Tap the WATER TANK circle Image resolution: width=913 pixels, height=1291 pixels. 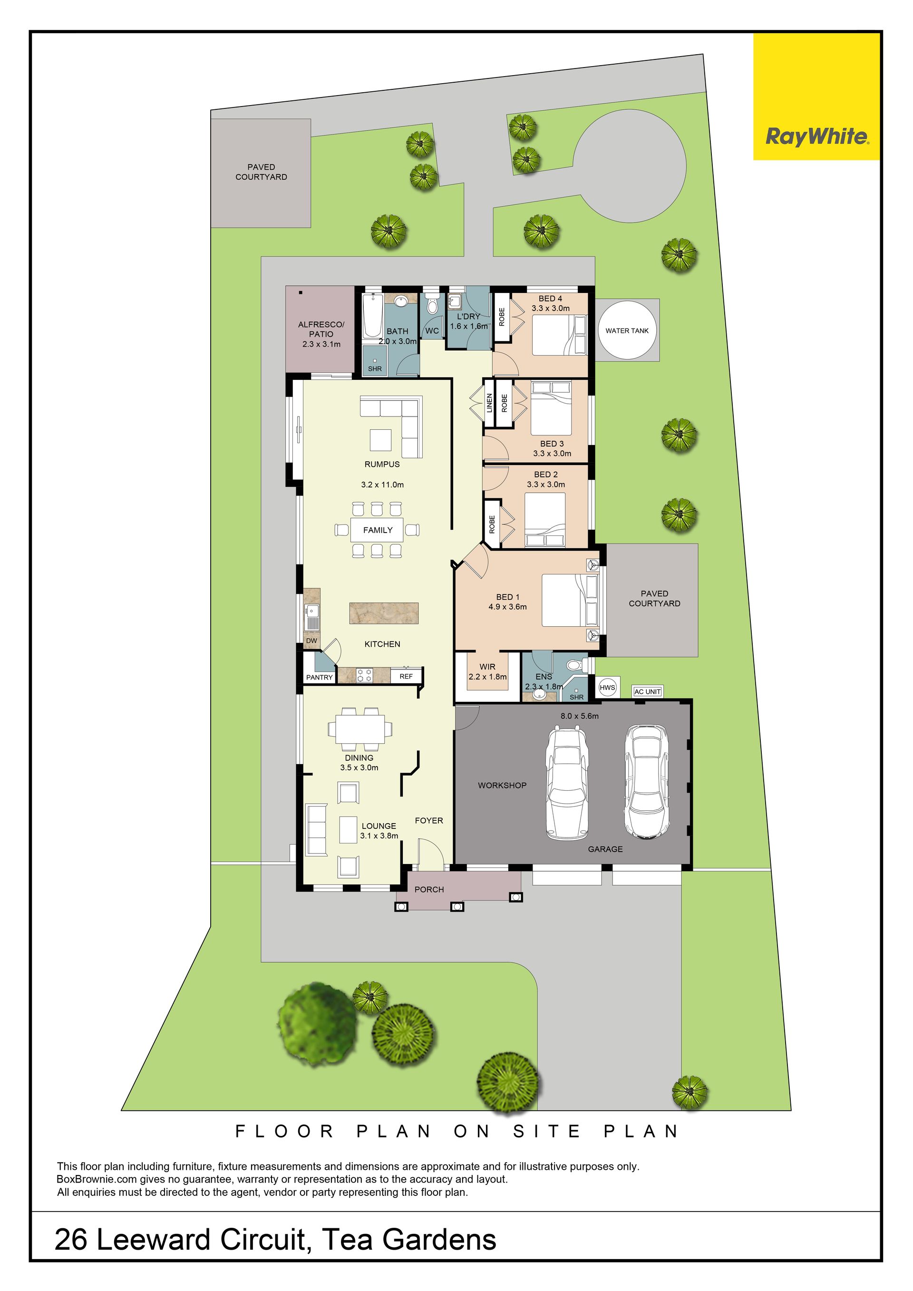[x=627, y=330]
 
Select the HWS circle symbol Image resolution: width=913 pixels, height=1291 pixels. [x=607, y=687]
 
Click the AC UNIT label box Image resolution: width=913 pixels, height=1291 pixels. [x=648, y=691]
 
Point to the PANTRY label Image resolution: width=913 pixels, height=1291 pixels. [x=320, y=677]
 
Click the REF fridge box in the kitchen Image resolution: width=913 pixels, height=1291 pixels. [x=406, y=676]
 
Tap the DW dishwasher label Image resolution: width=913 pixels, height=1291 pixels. [x=311, y=641]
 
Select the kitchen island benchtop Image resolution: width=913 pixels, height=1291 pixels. [x=384, y=613]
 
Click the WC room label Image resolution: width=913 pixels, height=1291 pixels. [x=432, y=330]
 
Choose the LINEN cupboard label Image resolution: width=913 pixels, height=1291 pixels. [x=489, y=403]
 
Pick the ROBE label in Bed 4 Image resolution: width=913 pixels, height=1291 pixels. [x=502, y=317]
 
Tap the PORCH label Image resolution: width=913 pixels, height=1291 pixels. [x=429, y=889]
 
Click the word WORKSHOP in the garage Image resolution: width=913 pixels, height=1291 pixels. [x=502, y=785]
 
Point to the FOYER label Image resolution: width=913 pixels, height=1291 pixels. [x=429, y=820]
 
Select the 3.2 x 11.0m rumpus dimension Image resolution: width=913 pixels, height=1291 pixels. [x=382, y=484]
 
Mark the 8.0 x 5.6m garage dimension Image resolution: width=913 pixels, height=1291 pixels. [x=580, y=716]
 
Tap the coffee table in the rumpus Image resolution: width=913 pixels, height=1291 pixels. [x=380, y=440]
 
